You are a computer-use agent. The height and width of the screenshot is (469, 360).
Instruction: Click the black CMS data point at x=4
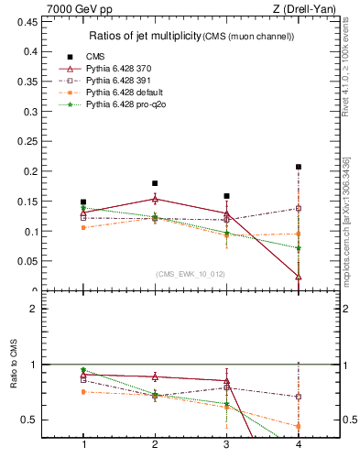(x=299, y=167)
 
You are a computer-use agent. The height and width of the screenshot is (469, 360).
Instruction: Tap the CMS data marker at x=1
(x=83, y=202)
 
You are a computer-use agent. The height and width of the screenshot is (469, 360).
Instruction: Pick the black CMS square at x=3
(x=226, y=195)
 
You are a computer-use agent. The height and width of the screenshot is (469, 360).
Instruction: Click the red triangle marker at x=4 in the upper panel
(x=299, y=276)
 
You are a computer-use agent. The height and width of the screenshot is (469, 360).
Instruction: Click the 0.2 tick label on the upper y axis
(x=37, y=171)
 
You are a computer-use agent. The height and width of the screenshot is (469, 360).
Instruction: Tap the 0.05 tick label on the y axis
(x=33, y=261)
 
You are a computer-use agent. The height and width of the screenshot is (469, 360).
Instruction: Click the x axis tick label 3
(x=226, y=444)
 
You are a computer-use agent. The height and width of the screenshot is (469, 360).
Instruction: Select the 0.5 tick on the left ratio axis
(x=36, y=420)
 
